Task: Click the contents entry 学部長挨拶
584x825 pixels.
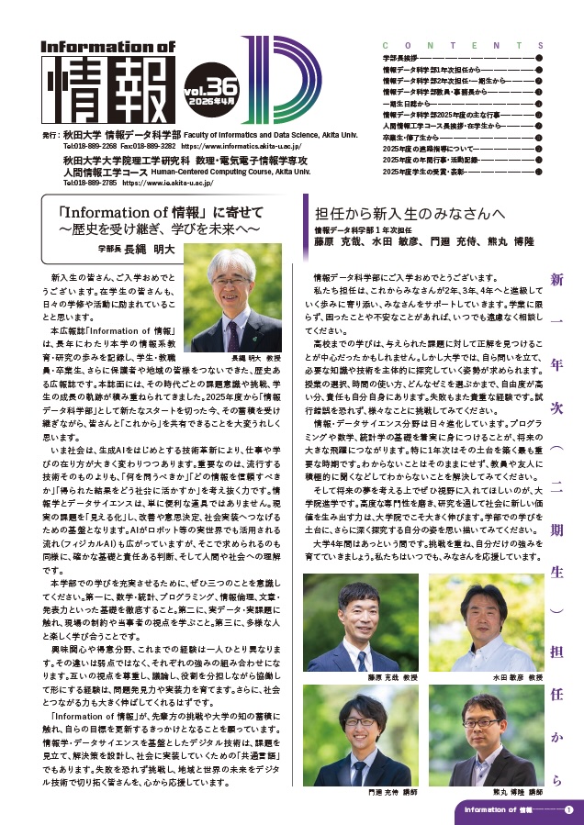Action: tap(403, 58)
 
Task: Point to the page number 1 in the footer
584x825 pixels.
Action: tap(569, 809)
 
